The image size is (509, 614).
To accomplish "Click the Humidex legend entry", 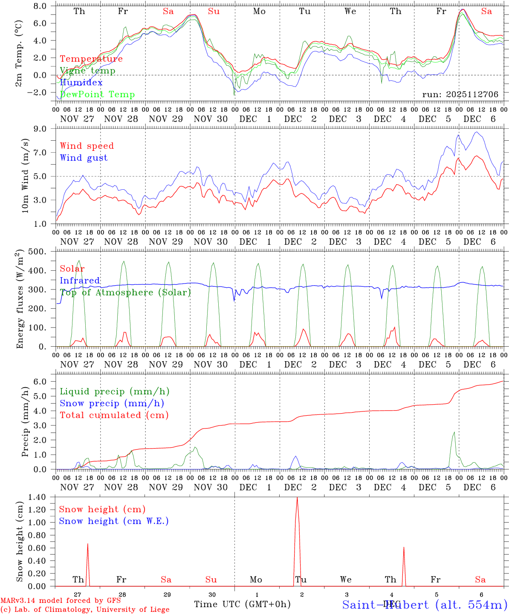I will (x=81, y=83).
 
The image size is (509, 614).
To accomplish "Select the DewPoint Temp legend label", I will (x=97, y=95).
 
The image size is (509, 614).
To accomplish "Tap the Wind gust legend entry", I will (x=84, y=158).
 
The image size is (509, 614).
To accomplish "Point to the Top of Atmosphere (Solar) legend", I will (x=125, y=293).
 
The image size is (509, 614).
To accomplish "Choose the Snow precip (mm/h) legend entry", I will (x=112, y=403).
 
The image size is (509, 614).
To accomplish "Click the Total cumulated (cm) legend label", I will (x=114, y=415).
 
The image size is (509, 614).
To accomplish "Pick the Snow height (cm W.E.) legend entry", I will (x=113, y=521).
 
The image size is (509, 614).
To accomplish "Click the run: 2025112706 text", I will (x=460, y=95).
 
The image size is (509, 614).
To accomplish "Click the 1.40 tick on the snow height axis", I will (x=42, y=497).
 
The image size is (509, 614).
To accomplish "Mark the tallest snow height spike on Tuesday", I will (x=297, y=498).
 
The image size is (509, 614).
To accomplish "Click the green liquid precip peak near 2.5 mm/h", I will (x=454, y=432).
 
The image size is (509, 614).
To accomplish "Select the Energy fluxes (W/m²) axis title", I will (x=20, y=300).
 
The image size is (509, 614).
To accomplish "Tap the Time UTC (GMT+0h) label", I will (x=242, y=604).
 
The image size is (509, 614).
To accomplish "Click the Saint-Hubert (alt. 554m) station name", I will (x=425, y=605).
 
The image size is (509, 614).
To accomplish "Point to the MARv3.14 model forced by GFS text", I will (x=61, y=601).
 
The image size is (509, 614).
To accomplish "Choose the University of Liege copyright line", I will (x=85, y=610).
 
